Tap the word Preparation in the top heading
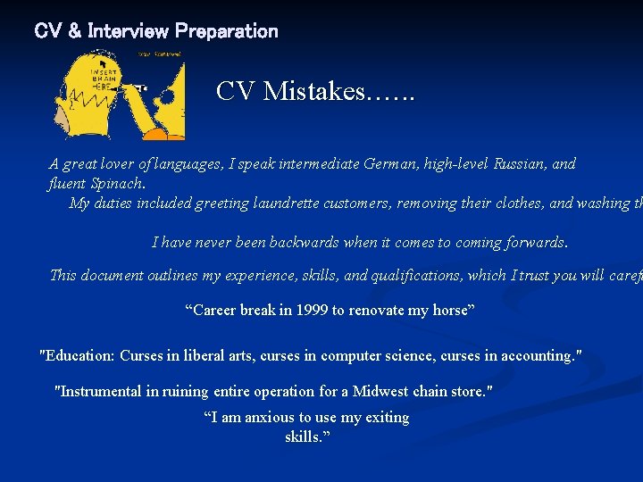(x=227, y=31)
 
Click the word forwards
(x=534, y=242)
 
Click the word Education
(x=80, y=355)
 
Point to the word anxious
(x=267, y=418)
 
